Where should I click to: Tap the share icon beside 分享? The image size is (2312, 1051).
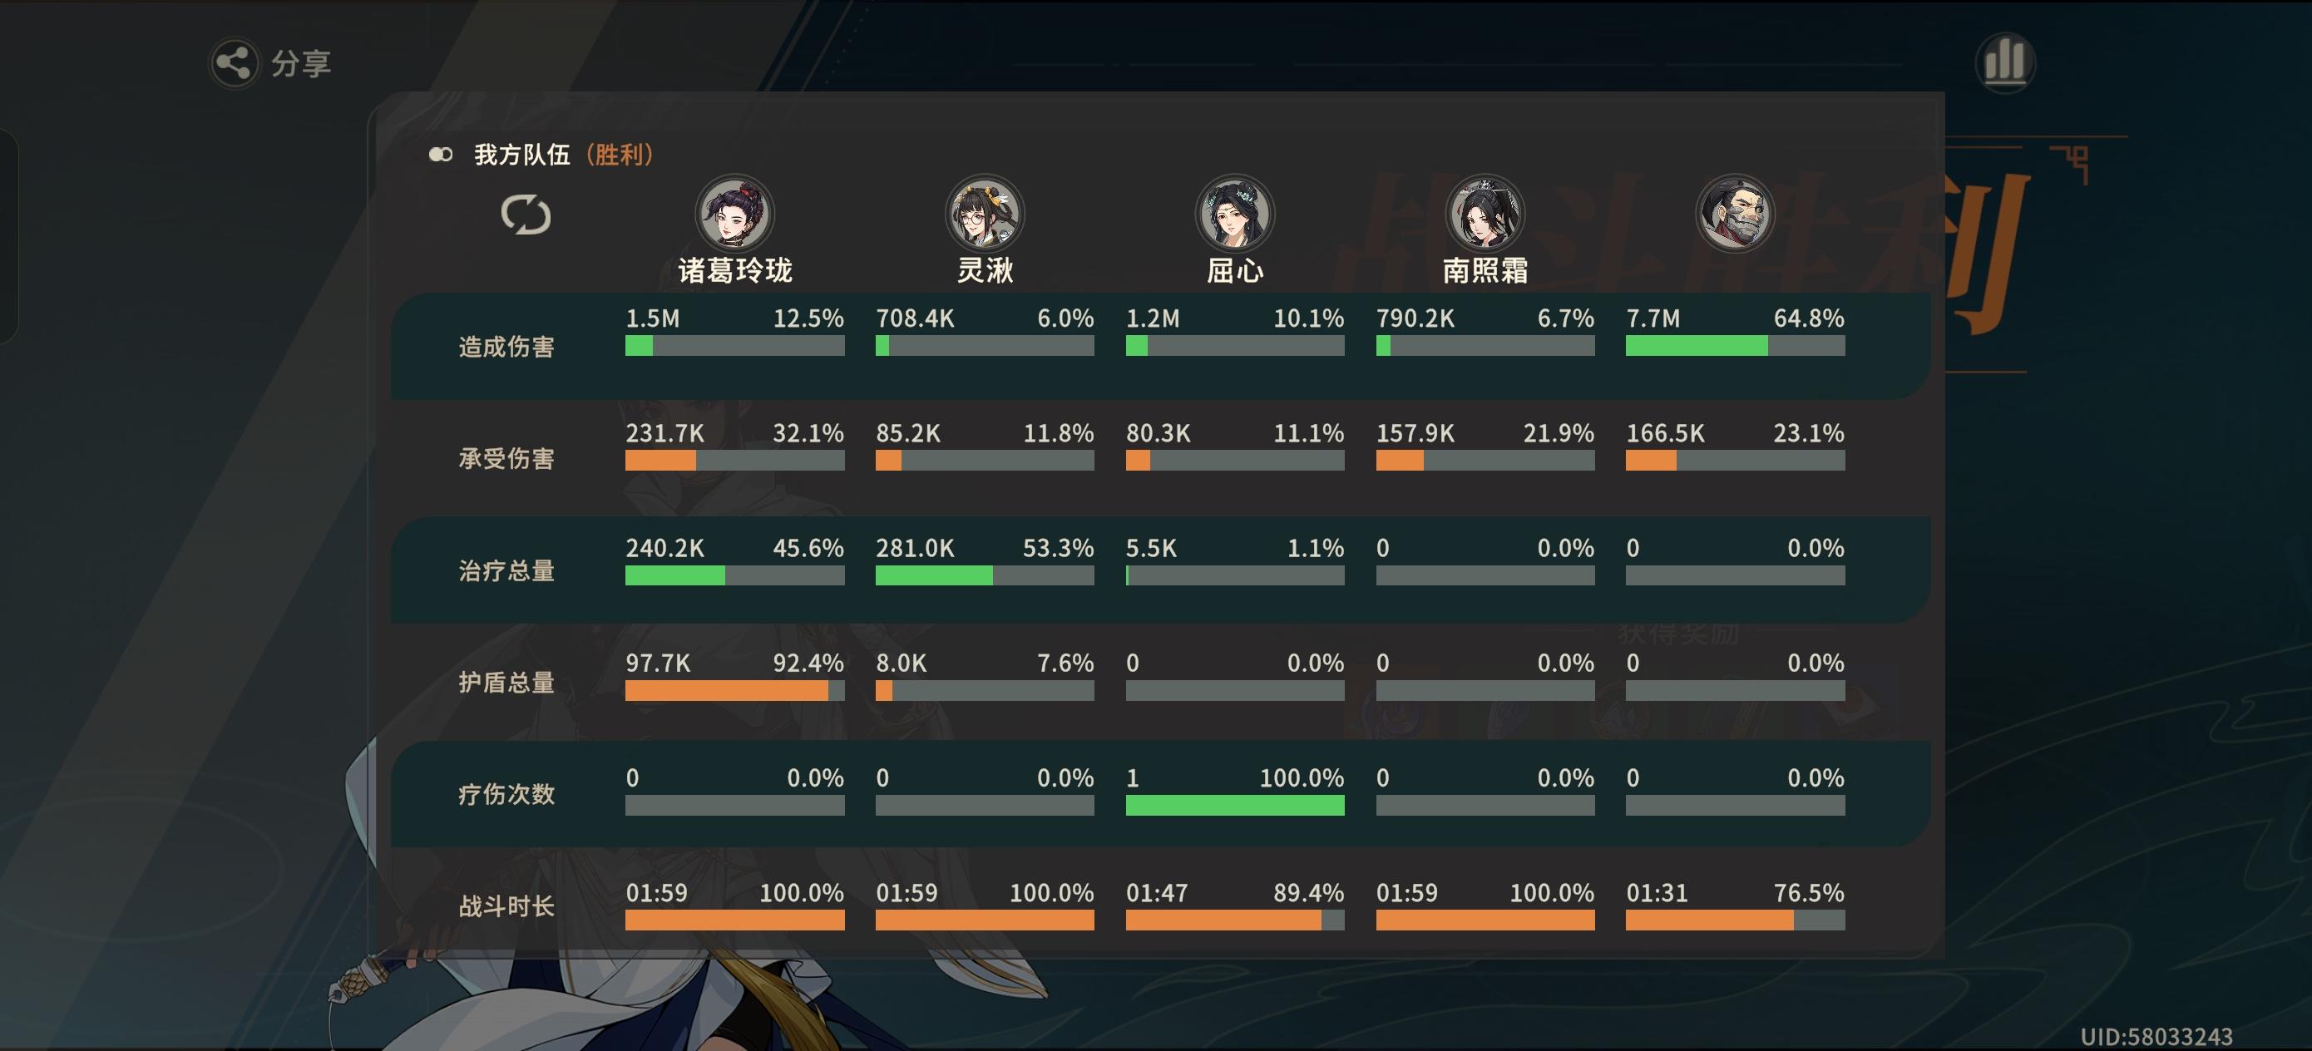point(235,63)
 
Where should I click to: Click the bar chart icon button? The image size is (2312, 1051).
point(2004,62)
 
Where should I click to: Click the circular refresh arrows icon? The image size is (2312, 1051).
point(526,215)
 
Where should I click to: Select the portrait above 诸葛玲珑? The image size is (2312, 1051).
point(735,214)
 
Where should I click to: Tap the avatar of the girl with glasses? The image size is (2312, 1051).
point(985,214)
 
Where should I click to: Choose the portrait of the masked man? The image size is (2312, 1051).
point(1734,214)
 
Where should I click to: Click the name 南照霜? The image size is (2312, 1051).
point(1485,270)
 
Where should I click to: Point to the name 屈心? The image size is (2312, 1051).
point(1235,270)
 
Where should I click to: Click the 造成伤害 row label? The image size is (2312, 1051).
point(506,347)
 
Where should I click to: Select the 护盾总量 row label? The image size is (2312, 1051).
point(506,682)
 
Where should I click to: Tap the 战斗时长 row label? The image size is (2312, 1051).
point(506,905)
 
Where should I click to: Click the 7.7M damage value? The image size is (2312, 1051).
point(1652,318)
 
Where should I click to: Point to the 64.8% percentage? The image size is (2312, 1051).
point(1809,318)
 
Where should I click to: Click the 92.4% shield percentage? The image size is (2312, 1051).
point(808,664)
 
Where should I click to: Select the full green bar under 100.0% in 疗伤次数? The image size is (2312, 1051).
point(1235,805)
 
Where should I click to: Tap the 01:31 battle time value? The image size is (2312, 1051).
point(1657,893)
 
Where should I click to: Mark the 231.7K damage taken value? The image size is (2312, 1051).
point(665,433)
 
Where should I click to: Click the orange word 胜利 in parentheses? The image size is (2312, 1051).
point(620,155)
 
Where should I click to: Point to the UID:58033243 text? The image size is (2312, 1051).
point(2156,1037)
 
